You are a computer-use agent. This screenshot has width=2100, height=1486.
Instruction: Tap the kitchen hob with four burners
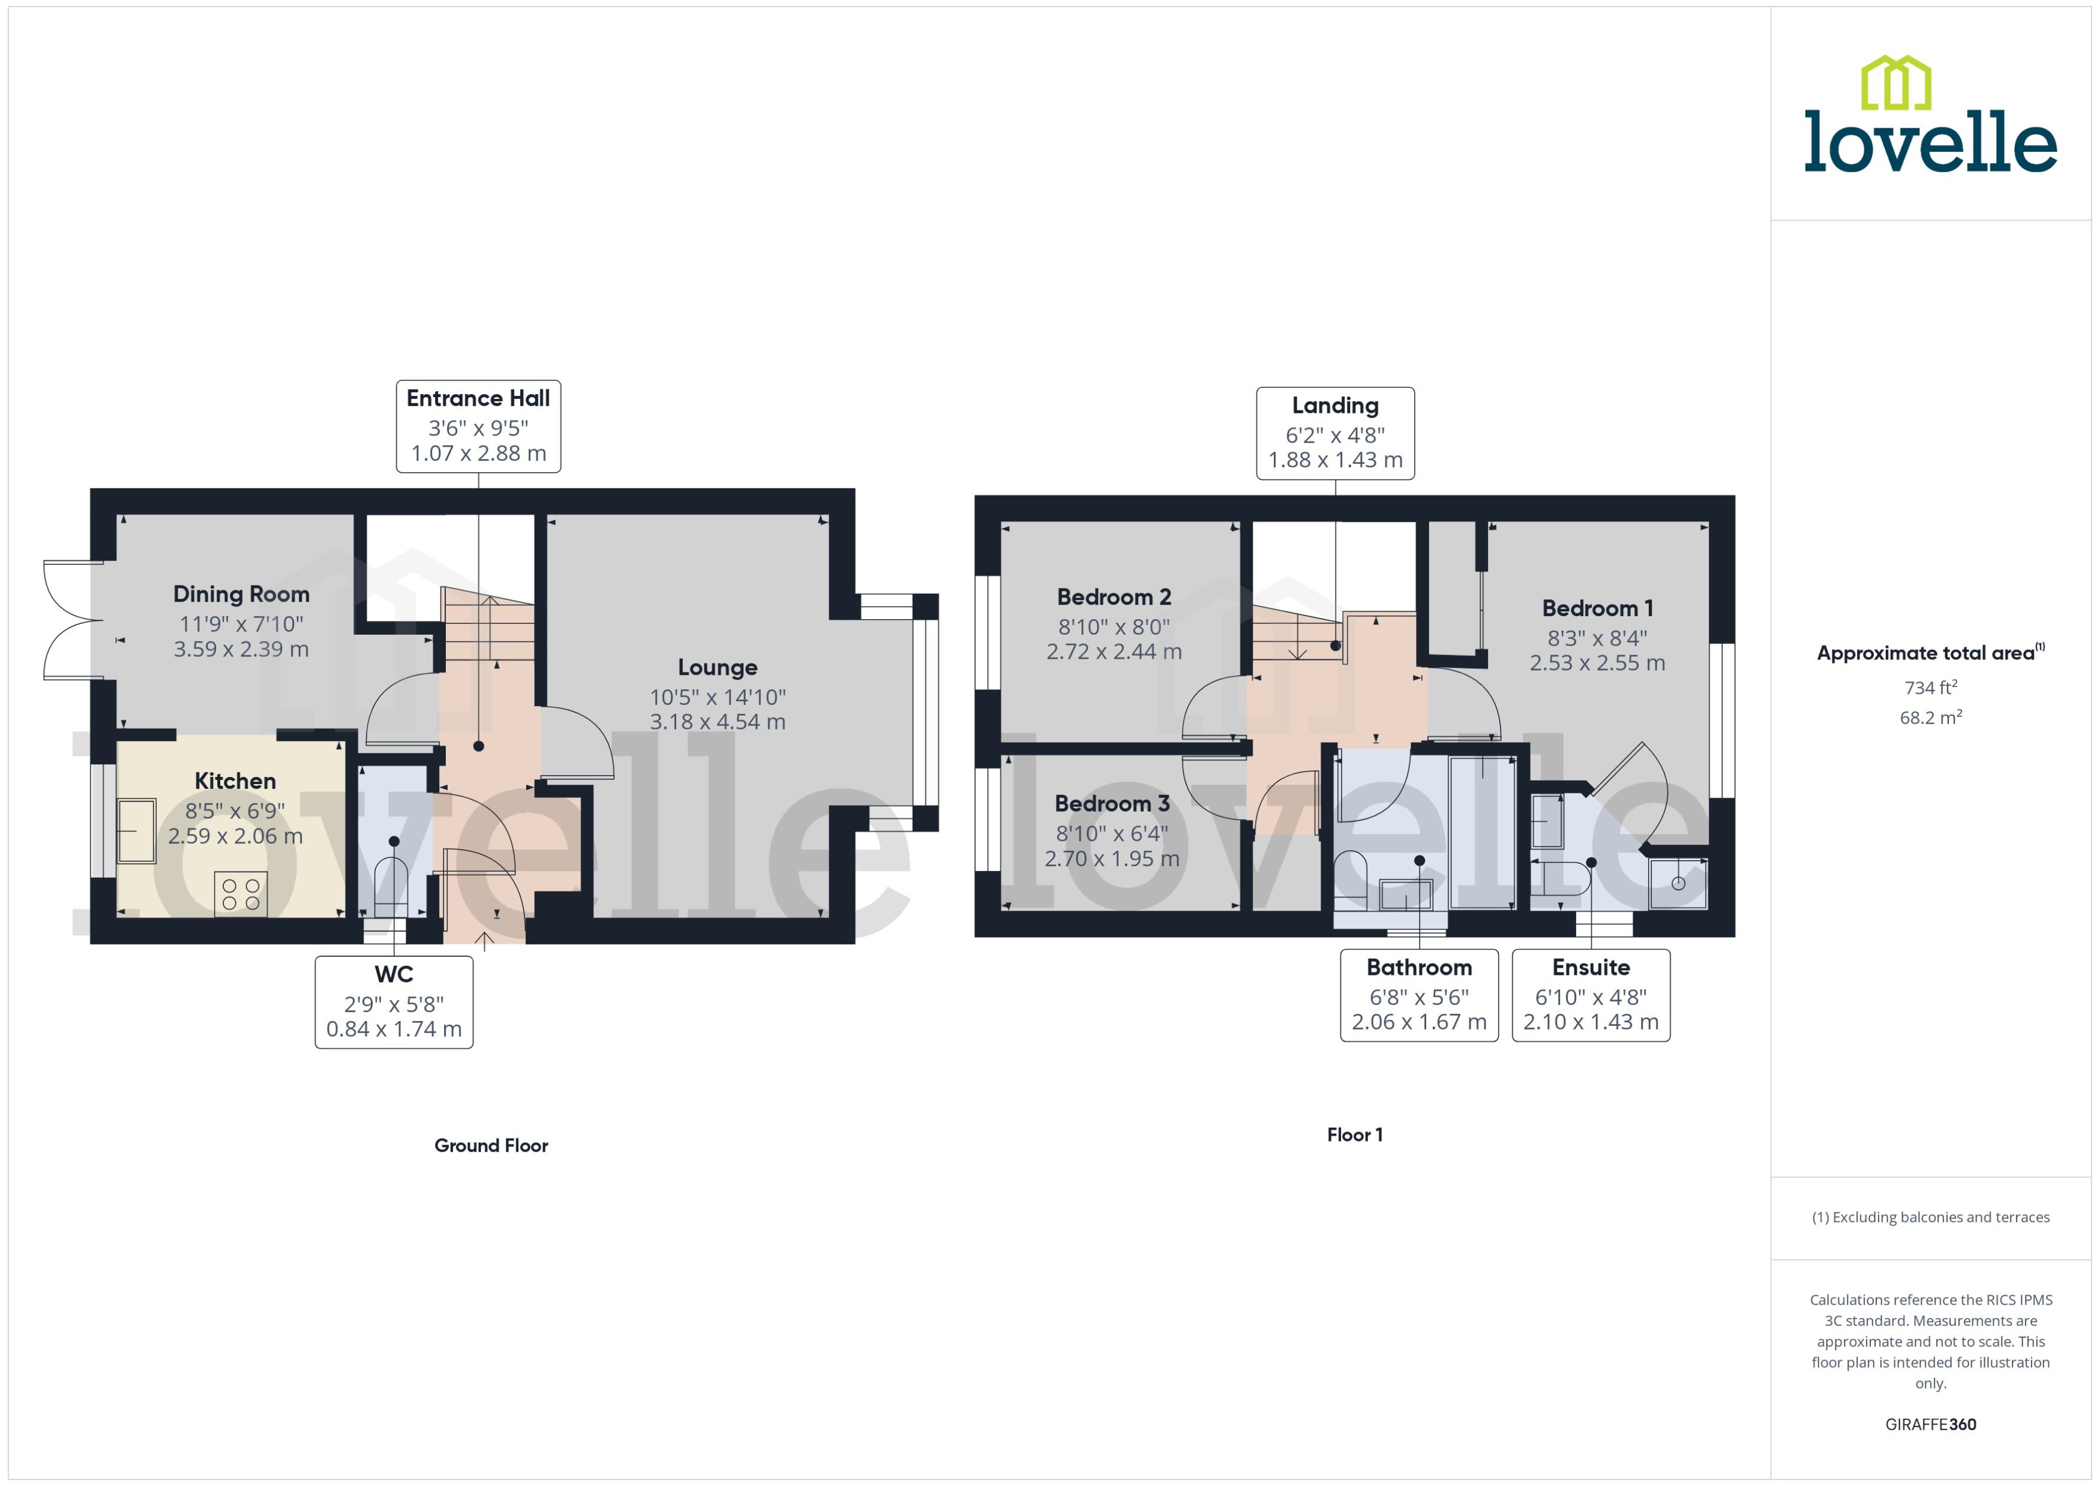[x=241, y=894]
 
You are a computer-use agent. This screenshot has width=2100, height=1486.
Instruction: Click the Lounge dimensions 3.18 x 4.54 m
[x=718, y=722]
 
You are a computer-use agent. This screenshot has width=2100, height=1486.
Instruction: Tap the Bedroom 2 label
[x=1114, y=598]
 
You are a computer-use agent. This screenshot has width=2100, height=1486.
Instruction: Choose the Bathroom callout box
[x=1419, y=995]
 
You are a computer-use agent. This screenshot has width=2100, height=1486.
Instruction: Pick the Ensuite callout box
[x=1591, y=995]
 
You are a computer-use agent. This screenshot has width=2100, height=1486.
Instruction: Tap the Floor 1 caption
[x=1354, y=1134]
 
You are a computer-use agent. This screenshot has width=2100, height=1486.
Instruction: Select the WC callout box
[x=394, y=1002]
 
